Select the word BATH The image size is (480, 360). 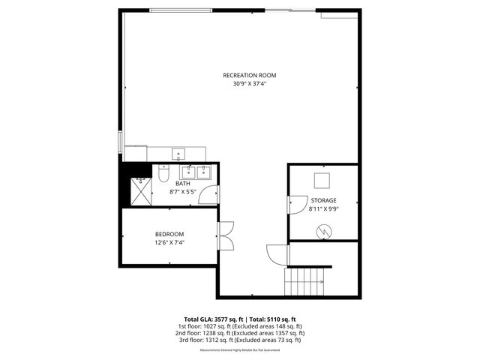click(183, 184)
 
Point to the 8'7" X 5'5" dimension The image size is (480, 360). click(183, 192)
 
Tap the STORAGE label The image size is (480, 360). click(324, 201)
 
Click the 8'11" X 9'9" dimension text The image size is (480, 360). click(324, 210)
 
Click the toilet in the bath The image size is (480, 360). click(162, 174)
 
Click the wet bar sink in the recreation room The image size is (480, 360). click(178, 154)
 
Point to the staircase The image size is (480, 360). click(307, 281)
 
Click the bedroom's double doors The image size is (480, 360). click(226, 238)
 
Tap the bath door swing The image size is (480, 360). click(210, 195)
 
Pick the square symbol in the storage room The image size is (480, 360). click(322, 181)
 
